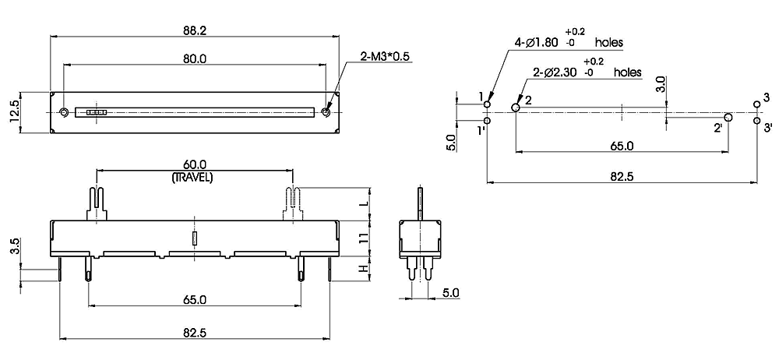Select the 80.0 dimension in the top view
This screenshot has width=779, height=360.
195,58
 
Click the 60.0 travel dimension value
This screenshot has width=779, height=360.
193,165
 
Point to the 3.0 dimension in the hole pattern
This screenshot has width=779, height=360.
660,85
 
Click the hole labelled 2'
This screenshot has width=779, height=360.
728,118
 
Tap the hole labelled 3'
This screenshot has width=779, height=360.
756,121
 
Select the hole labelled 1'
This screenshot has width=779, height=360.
487,121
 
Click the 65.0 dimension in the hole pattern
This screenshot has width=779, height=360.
621,146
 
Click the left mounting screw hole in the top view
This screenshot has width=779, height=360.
64,112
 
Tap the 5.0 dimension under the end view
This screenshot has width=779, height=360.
450,293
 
